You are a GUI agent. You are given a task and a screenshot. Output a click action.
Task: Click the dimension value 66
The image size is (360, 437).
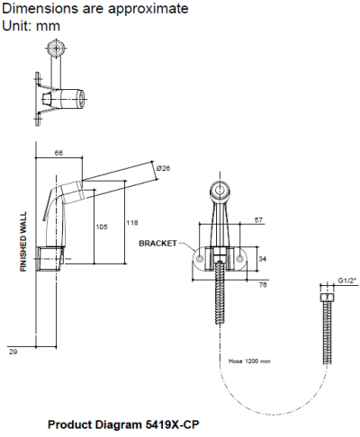click(x=59, y=154)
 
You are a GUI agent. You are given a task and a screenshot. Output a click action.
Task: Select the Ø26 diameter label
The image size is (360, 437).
click(x=162, y=168)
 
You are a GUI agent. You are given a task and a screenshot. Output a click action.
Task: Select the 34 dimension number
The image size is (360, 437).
click(x=263, y=257)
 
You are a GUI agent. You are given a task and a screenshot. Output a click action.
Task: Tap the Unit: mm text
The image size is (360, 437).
click(x=31, y=25)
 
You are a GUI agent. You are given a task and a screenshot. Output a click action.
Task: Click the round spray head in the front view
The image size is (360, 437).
click(x=220, y=190)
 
